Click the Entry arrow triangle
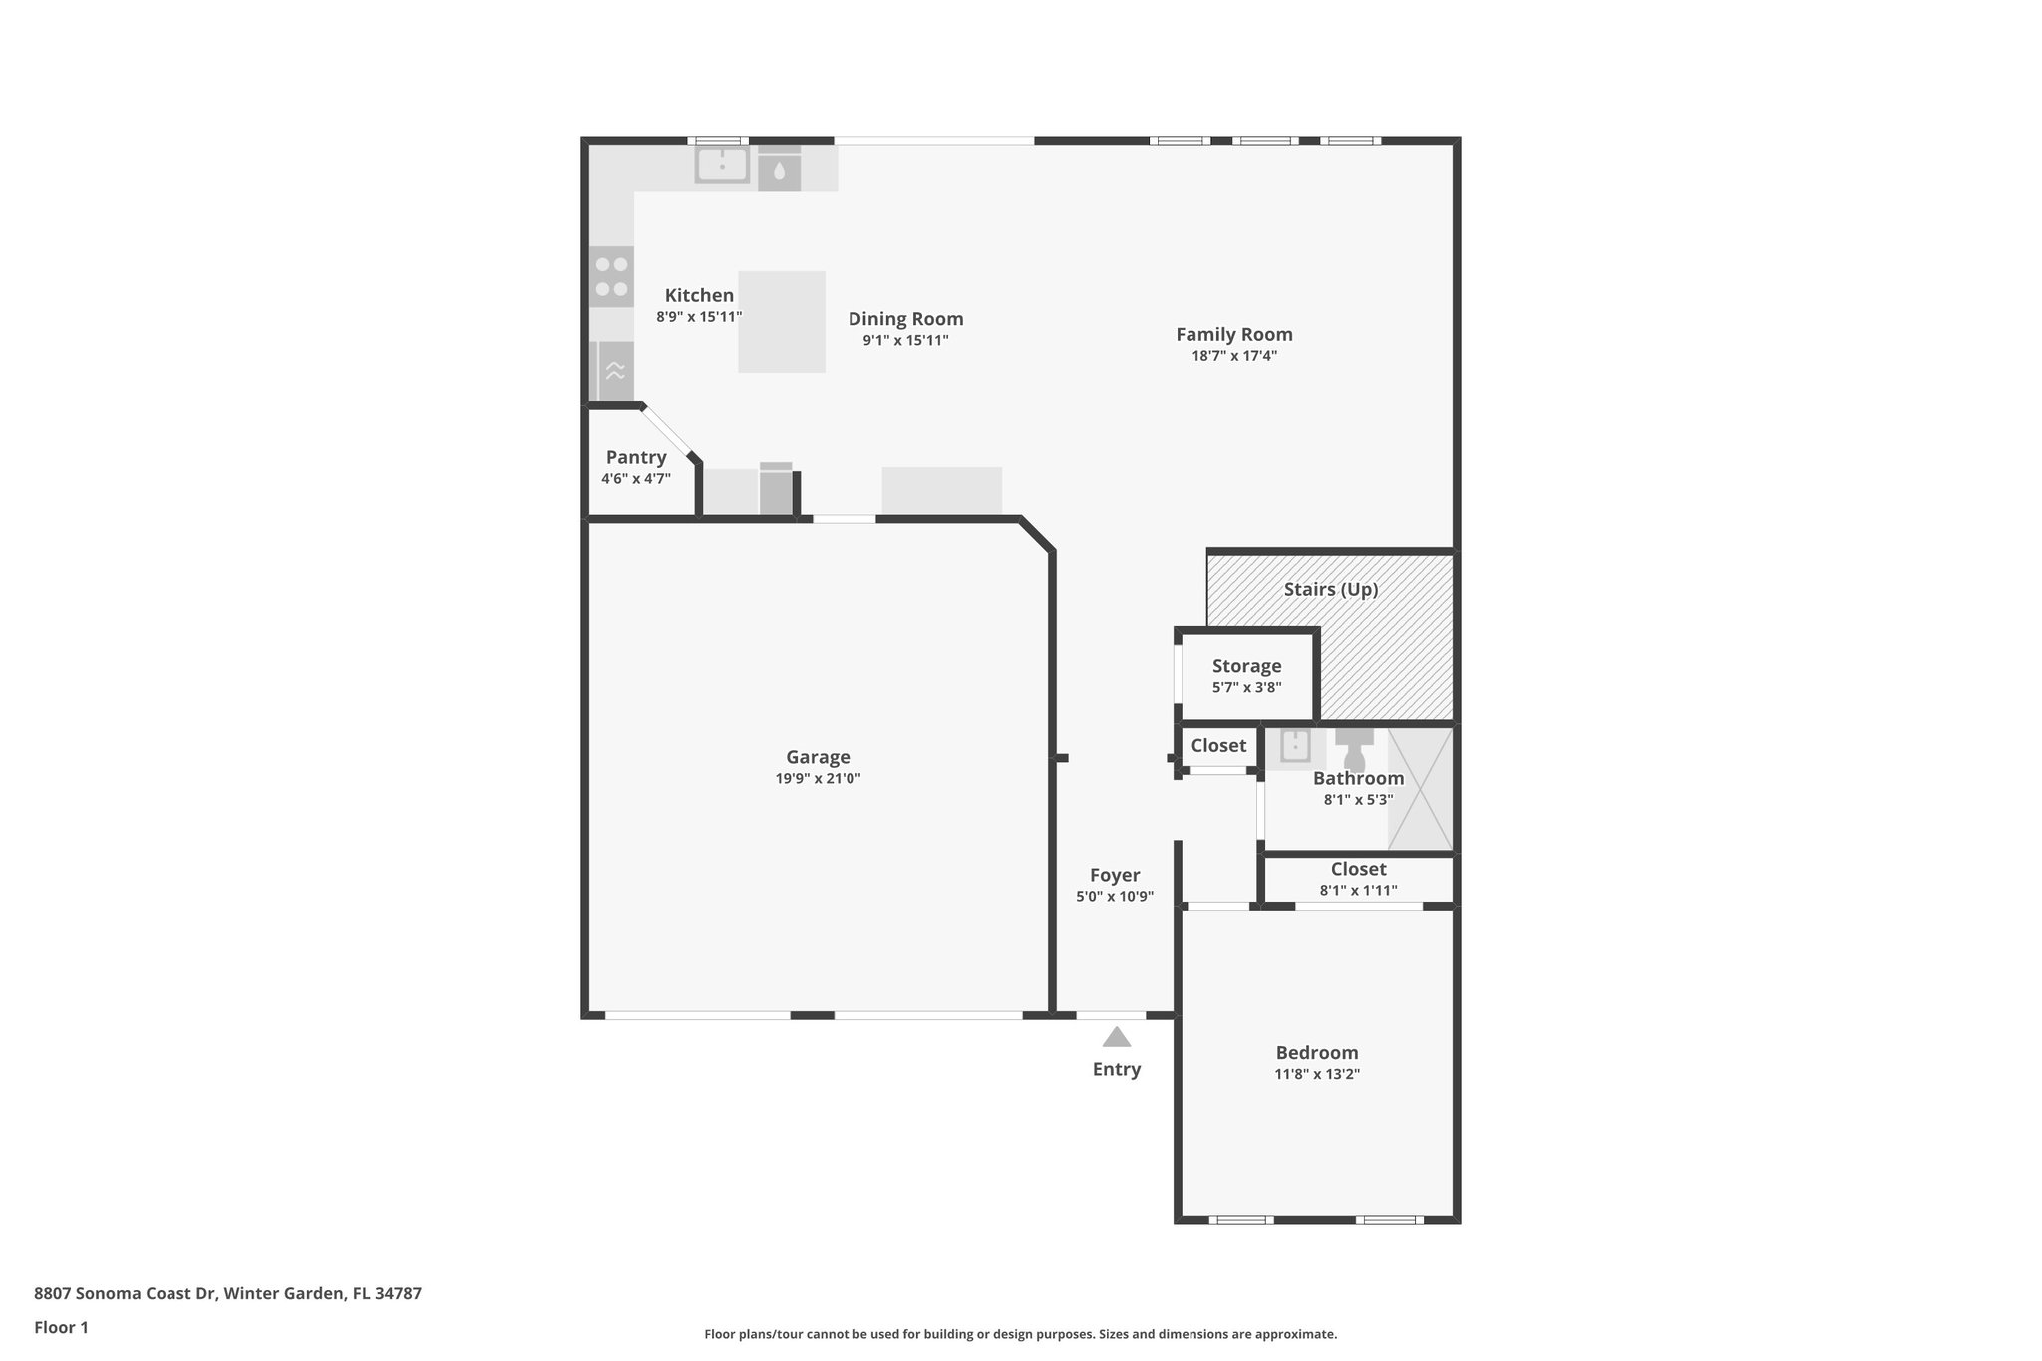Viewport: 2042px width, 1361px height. pos(1116,1038)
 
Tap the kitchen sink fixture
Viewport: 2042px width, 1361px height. pos(722,166)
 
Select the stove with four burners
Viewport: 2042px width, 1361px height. pos(611,277)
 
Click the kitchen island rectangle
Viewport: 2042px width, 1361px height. pos(781,322)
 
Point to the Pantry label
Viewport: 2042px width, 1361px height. pos(635,457)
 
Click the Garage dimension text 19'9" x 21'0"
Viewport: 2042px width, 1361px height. pos(818,779)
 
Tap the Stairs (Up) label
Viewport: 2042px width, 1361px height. pos(1330,589)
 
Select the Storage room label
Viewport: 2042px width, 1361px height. pos(1246,666)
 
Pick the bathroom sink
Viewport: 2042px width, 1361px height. pos(1295,745)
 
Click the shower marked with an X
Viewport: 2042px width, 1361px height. pos(1420,789)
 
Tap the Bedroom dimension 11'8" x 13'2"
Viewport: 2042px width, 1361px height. pos(1316,1074)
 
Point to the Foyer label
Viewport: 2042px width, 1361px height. pos(1114,875)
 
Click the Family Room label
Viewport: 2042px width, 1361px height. pos(1233,334)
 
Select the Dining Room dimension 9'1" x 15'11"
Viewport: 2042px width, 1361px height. pos(905,340)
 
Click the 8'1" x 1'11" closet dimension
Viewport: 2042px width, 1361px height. pos(1358,891)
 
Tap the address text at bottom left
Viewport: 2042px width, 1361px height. pos(227,1293)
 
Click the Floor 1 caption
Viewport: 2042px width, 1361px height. pos(61,1327)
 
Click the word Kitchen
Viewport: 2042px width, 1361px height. pos(699,295)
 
